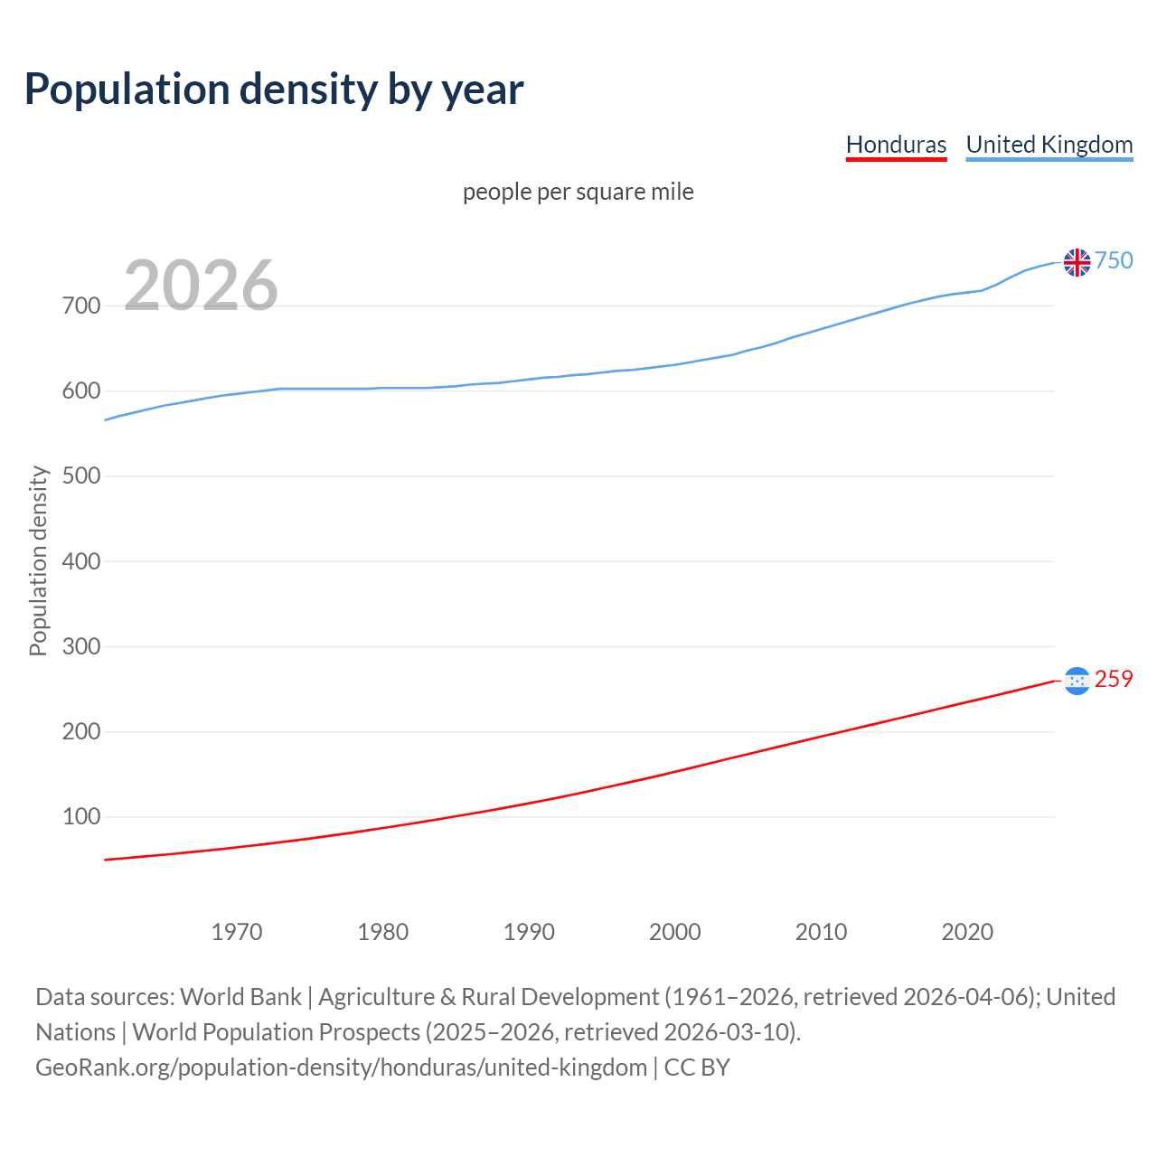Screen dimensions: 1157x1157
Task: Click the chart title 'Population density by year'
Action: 274,89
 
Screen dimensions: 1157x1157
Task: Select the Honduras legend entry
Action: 896,145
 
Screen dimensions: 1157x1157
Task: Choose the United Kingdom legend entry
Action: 1049,145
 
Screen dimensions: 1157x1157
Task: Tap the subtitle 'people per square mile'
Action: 578,192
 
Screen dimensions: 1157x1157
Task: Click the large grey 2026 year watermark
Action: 201,286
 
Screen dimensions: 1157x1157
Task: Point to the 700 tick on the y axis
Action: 81,306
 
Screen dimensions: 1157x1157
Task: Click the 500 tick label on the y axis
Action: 81,476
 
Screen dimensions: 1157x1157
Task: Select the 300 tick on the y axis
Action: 81,646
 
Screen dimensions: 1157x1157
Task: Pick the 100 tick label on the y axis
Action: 81,817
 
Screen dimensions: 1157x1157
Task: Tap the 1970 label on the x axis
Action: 237,932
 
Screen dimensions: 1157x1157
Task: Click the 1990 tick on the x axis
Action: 529,932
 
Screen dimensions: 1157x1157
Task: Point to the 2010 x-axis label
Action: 821,932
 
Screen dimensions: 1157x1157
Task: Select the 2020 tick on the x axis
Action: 967,932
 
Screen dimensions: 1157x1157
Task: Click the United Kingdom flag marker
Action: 1077,262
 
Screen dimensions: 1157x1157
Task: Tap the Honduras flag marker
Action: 1077,681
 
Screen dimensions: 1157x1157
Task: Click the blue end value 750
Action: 1114,261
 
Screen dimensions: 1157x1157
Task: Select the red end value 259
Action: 1114,680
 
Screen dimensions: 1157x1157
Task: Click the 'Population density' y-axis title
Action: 38,560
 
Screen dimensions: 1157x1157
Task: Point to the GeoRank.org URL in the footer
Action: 341,1068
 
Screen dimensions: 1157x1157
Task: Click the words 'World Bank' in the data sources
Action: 240,997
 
